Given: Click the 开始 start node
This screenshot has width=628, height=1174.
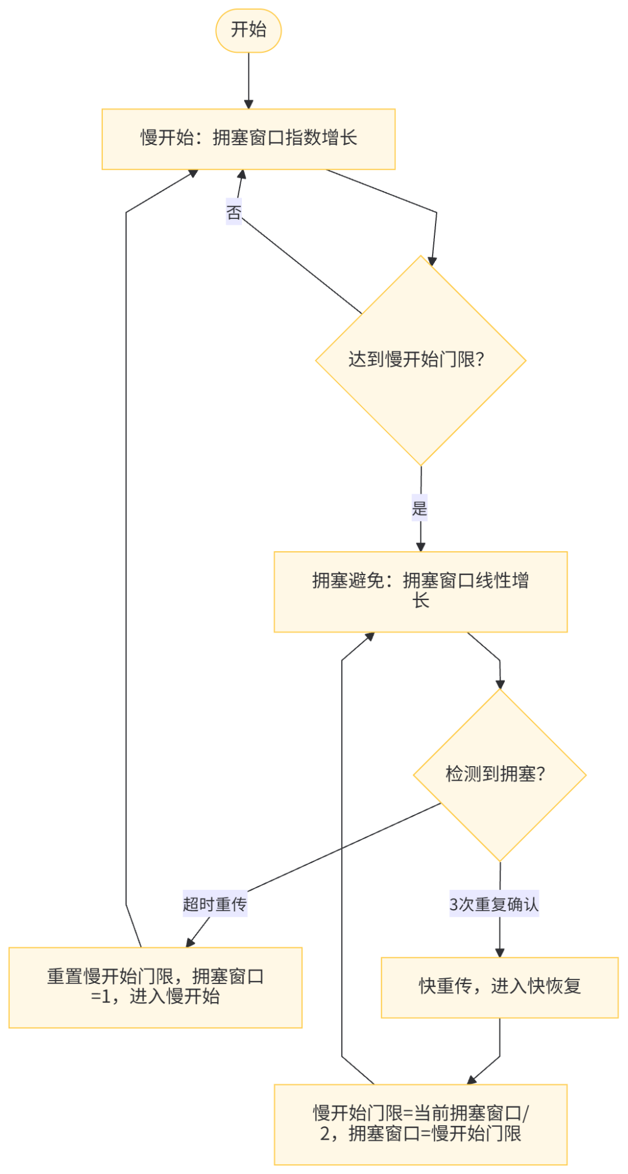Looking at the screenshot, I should (248, 30).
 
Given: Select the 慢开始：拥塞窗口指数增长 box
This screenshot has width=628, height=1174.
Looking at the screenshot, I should (248, 139).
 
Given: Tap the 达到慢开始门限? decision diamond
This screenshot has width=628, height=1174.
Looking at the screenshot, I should (420, 360).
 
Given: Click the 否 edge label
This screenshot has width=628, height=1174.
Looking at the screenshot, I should (234, 212).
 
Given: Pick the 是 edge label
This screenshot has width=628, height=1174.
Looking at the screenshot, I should (420, 509).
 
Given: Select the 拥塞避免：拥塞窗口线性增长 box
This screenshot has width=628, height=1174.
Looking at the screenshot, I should (420, 591).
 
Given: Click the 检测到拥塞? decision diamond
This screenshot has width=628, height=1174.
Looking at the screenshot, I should (499, 774).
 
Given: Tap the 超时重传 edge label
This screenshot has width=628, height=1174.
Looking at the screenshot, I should (215, 904).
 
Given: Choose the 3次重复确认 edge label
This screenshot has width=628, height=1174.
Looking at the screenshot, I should (494, 904).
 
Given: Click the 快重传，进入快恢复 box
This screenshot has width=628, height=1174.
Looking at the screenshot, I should (499, 987).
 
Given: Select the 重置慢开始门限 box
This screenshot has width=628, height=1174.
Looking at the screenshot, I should (155, 987).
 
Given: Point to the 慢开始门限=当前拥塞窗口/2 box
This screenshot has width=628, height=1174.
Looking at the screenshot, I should (420, 1124).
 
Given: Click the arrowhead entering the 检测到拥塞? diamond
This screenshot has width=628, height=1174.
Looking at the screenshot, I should (499, 684).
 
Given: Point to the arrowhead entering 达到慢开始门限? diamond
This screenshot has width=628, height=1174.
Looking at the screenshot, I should (432, 261).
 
